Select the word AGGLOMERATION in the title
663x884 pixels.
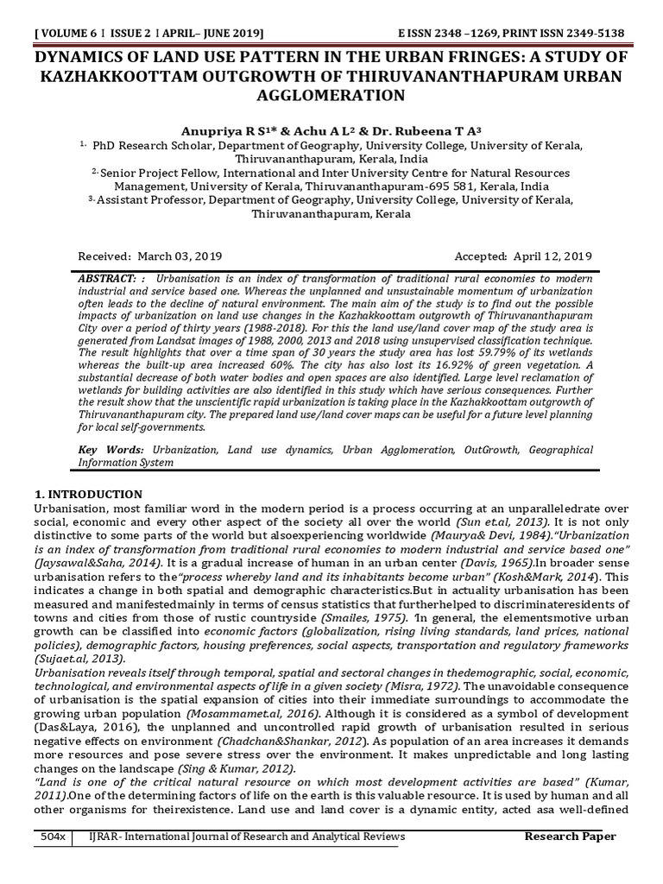click(x=331, y=95)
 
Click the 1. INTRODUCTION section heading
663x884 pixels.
click(x=88, y=495)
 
